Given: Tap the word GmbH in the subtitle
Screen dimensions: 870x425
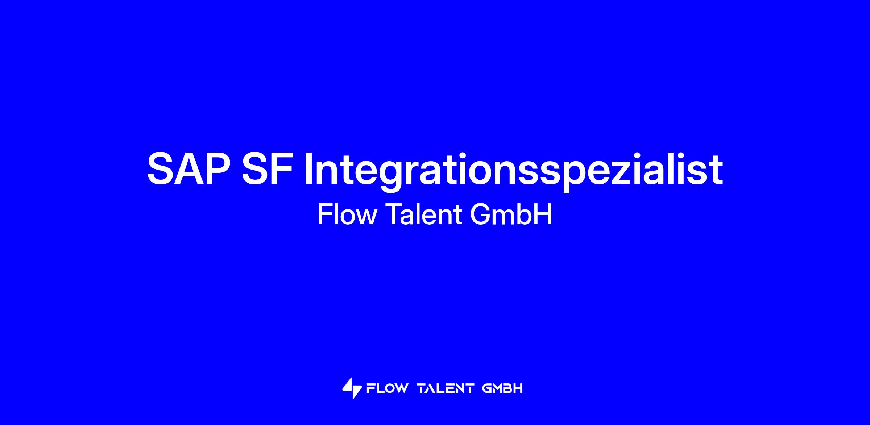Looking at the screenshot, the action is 511,214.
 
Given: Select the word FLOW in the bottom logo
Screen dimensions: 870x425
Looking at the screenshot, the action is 387,389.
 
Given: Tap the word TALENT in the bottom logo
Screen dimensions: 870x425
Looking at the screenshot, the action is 446,389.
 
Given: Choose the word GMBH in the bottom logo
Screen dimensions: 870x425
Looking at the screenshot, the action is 502,389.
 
